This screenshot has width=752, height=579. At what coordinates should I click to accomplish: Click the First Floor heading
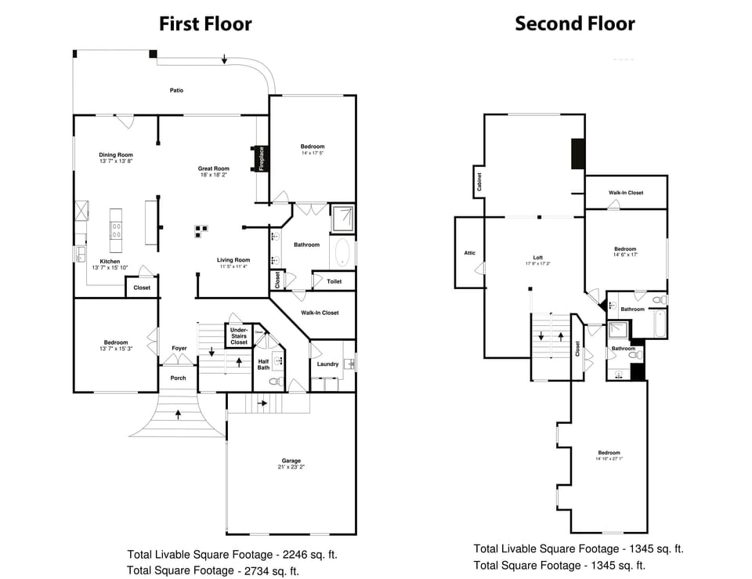pyautogui.click(x=205, y=24)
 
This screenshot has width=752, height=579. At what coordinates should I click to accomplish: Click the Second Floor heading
pyautogui.click(x=574, y=24)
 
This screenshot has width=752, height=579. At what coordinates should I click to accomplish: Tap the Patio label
pyautogui.click(x=177, y=91)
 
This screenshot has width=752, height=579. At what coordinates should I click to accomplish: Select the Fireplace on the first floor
pyautogui.click(x=261, y=158)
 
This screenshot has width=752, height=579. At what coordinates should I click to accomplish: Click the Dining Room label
pyautogui.click(x=116, y=155)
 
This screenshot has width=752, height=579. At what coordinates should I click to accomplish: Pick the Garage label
pyautogui.click(x=291, y=461)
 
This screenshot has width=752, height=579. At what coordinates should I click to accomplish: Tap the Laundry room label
pyautogui.click(x=327, y=364)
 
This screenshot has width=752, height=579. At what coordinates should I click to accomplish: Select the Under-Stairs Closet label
pyautogui.click(x=239, y=336)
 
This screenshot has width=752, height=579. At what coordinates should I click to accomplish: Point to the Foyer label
pyautogui.click(x=179, y=348)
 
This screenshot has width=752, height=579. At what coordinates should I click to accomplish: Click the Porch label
pyautogui.click(x=179, y=378)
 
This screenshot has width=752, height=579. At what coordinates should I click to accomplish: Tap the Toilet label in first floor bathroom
pyautogui.click(x=334, y=280)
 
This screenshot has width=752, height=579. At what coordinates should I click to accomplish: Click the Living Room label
pyautogui.click(x=233, y=261)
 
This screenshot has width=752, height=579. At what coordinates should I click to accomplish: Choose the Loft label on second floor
pyautogui.click(x=538, y=258)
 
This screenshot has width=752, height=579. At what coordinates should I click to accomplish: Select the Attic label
pyautogui.click(x=470, y=253)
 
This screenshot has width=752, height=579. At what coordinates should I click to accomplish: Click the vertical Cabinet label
pyautogui.click(x=479, y=183)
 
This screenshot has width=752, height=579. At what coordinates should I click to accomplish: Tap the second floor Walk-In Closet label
pyautogui.click(x=626, y=193)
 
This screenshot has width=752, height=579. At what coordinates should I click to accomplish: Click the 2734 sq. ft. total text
pyautogui.click(x=213, y=570)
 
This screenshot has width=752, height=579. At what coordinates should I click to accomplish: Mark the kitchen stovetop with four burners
pyautogui.click(x=117, y=230)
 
